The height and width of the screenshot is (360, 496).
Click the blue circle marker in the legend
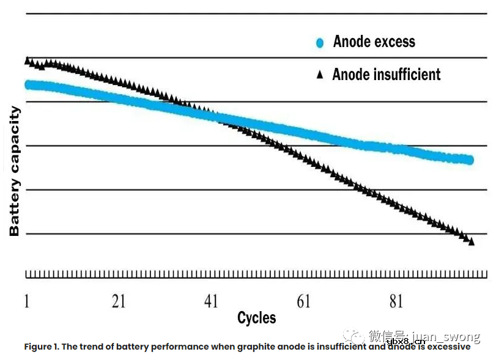319,43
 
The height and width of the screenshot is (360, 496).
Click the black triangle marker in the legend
319,75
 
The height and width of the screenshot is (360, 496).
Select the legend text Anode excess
374,42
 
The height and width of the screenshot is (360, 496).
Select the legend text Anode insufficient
386,75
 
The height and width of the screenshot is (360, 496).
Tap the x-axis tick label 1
27,301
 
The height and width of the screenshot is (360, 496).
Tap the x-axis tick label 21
119,301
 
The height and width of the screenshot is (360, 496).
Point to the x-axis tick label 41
211,301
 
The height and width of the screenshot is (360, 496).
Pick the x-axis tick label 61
303,301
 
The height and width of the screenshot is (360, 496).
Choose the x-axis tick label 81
396,301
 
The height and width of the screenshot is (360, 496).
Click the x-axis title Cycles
256,318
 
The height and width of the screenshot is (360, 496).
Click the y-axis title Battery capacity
15,171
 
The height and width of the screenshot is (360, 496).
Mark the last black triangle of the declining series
471,241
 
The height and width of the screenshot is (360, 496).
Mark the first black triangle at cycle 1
28,61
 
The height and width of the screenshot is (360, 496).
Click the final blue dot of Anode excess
470,160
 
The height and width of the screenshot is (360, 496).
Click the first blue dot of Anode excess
28,84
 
